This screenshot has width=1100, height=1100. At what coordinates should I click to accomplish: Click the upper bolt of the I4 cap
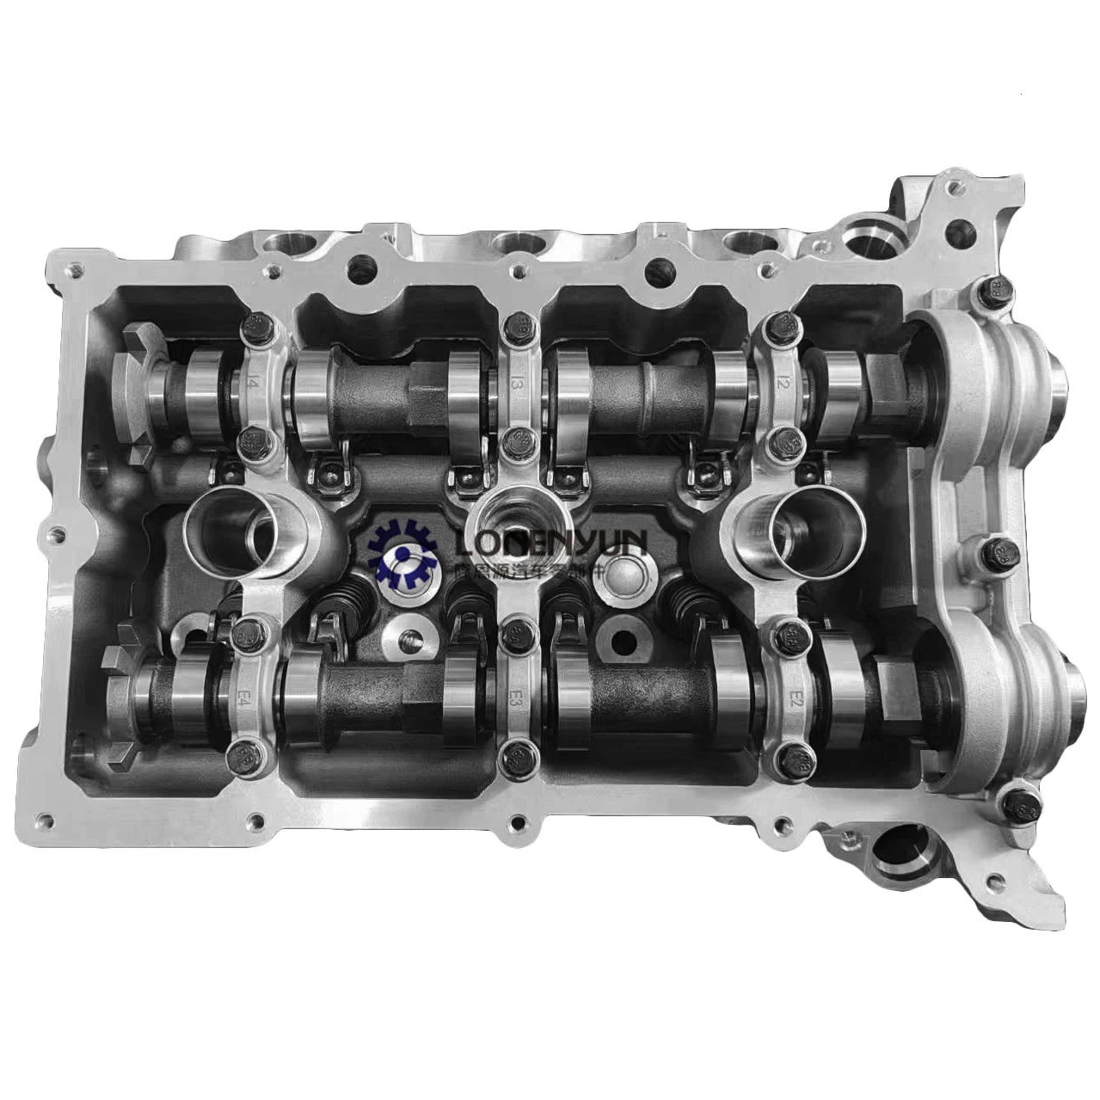[x=255, y=324]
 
